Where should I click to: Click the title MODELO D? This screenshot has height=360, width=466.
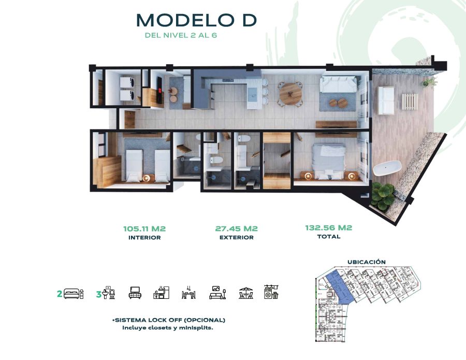[x=196, y=20]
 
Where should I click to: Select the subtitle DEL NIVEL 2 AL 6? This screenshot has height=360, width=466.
[x=181, y=35]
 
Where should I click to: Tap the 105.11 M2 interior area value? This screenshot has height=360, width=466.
[x=144, y=229]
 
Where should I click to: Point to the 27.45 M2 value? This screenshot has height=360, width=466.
[x=236, y=228]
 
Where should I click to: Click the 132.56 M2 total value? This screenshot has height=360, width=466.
[x=328, y=228]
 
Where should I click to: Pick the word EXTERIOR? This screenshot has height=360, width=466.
[x=237, y=238]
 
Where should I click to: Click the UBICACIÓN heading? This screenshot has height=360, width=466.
[x=367, y=262]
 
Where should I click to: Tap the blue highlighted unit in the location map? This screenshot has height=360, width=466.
[x=339, y=287]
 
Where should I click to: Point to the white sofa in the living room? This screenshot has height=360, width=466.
[x=338, y=84]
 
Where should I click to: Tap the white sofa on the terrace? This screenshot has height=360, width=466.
[x=386, y=100]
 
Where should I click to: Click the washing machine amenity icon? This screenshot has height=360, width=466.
[x=271, y=292]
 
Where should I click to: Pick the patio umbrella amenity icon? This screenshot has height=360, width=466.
[x=246, y=293]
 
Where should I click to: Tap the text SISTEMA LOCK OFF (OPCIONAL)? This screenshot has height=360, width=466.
[x=168, y=320]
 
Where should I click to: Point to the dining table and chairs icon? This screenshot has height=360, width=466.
[x=188, y=293]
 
